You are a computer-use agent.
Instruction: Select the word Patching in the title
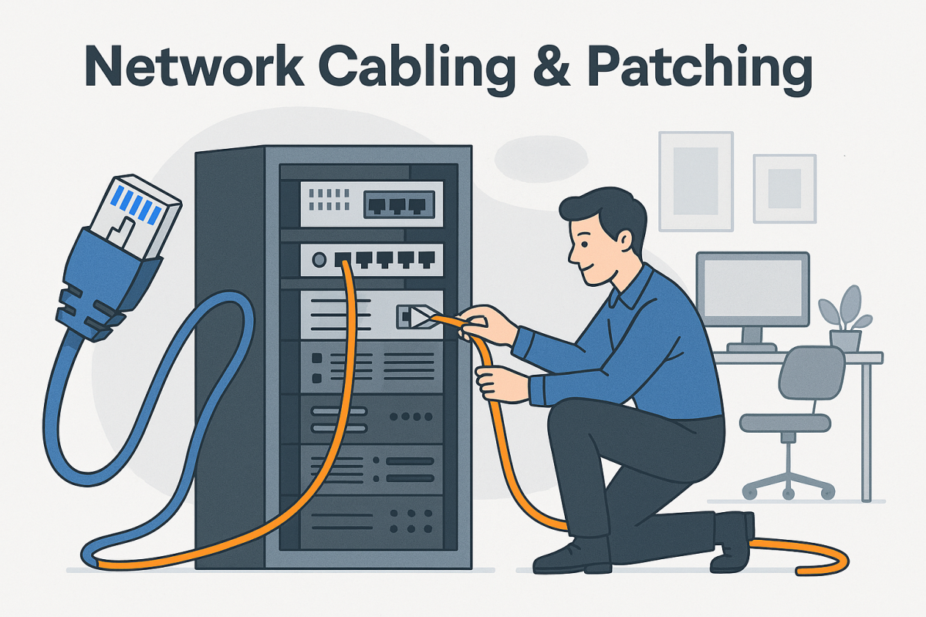698,69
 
